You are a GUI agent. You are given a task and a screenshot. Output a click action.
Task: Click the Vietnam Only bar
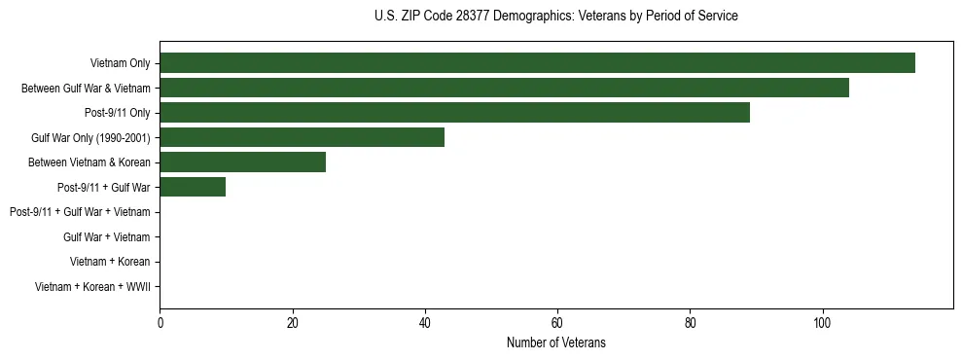tap(537, 63)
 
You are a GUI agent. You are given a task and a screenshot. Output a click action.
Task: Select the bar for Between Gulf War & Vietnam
tap(504, 88)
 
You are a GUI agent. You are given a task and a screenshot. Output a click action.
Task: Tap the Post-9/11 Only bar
tap(454, 113)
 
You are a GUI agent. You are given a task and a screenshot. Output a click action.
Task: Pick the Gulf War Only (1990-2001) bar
tap(302, 137)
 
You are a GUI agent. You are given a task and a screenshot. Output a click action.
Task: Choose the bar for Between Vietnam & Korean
tap(242, 162)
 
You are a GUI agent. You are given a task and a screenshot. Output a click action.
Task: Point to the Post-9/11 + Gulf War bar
tap(193, 187)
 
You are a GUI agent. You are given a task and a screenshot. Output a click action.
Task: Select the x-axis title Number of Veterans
tap(555, 342)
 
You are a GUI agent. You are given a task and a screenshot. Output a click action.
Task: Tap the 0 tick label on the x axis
tap(160, 322)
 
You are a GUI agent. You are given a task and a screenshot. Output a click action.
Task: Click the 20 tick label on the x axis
tap(292, 322)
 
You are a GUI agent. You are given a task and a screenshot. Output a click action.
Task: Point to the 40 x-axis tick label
tap(424, 322)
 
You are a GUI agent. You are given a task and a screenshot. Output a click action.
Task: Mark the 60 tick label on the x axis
tap(557, 322)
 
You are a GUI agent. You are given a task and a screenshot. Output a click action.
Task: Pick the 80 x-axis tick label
tap(690, 322)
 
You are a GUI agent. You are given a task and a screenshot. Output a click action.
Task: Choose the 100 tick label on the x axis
tap(822, 322)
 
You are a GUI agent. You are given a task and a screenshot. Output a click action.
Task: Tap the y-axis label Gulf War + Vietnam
tap(106, 237)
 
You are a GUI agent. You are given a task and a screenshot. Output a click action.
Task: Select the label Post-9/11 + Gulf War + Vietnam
tap(80, 212)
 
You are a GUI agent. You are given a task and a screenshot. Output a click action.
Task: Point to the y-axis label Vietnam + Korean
tap(110, 262)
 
